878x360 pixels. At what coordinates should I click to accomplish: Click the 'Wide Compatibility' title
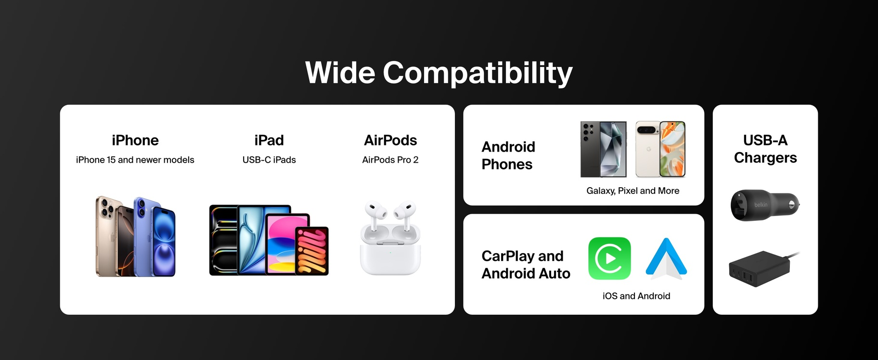click(439, 73)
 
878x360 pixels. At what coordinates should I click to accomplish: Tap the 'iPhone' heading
click(135, 140)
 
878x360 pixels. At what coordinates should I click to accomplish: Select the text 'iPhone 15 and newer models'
click(135, 160)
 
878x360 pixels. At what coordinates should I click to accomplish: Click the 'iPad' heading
click(269, 140)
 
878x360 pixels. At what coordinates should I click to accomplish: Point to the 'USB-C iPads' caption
click(269, 160)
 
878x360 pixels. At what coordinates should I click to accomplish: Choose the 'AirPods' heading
click(390, 140)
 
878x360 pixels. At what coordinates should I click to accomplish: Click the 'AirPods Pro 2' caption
click(390, 160)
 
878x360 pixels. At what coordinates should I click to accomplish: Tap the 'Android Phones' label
click(508, 155)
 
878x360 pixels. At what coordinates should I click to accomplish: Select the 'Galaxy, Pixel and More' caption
click(633, 191)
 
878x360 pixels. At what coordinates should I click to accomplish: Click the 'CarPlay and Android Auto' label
click(526, 265)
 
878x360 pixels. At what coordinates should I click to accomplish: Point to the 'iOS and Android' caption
click(636, 296)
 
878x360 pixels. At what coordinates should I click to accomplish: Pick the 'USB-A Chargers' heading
click(765, 149)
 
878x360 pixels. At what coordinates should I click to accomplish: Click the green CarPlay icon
click(609, 258)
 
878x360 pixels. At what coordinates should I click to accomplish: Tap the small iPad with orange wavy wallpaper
click(312, 251)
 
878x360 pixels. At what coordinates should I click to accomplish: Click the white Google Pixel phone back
click(648, 149)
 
